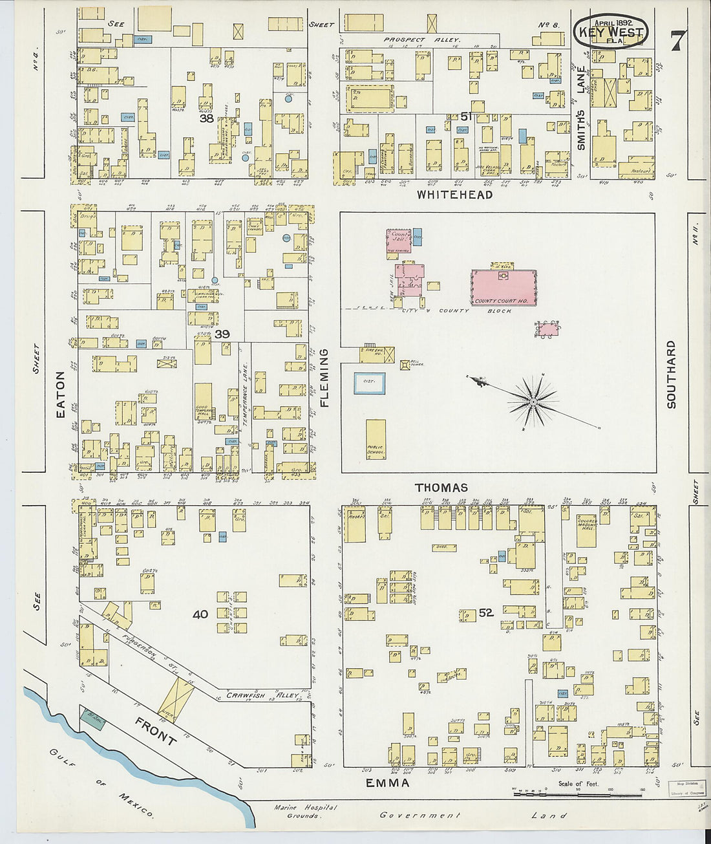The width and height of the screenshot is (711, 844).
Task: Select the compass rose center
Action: tap(533, 403)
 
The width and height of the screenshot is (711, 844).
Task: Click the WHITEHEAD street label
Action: tap(454, 195)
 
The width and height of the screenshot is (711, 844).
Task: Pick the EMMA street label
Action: tap(388, 783)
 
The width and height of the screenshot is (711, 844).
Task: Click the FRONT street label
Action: tap(155, 730)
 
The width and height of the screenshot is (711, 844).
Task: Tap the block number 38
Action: tap(206, 118)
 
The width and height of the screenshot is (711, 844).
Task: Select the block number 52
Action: tap(486, 612)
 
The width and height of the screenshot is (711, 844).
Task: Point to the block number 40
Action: tap(200, 614)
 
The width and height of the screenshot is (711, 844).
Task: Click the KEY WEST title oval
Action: tap(611, 31)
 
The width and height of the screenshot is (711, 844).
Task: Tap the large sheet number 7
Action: tap(677, 41)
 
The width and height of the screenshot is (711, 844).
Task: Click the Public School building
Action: tap(376, 440)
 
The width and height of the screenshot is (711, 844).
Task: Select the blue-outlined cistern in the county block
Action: tap(369, 384)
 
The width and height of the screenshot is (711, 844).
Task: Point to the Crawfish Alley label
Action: tap(263, 696)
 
